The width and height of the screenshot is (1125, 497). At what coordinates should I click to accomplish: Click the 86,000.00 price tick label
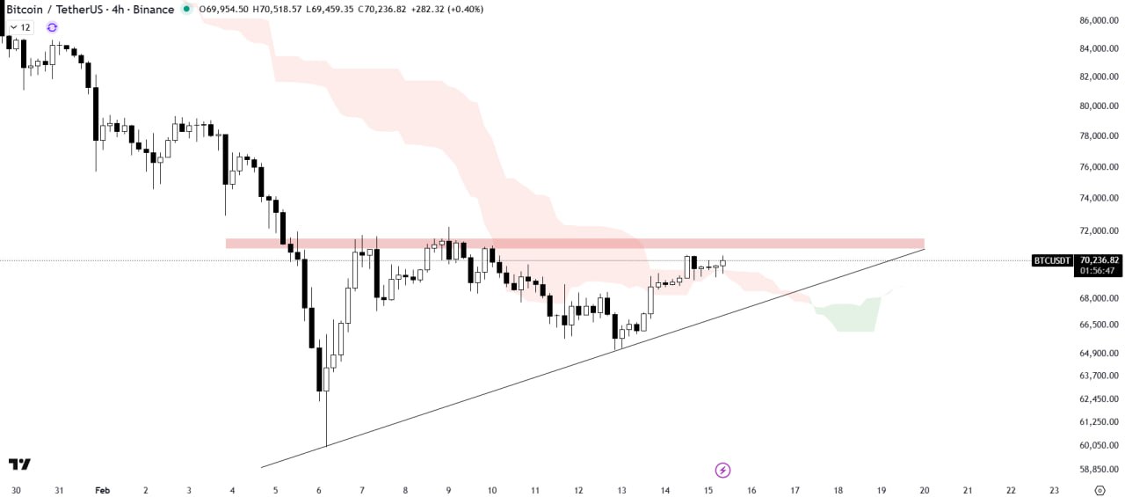[x=1099, y=20]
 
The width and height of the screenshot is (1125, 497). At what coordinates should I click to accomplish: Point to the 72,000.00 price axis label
[x=1099, y=230]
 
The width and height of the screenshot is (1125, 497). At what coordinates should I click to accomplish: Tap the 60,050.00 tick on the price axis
[x=1099, y=445]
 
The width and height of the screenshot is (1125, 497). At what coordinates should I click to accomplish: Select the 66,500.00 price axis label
[x=1099, y=325]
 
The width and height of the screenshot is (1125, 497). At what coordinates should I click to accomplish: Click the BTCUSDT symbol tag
[x=1052, y=260]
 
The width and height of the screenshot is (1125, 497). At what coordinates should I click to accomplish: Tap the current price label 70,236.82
[x=1100, y=260]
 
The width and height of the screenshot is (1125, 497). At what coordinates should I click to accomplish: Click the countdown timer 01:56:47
[x=1098, y=271]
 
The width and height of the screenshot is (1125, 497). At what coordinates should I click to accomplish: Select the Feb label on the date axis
[x=102, y=490]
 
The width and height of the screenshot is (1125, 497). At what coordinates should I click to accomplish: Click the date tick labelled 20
[x=924, y=490]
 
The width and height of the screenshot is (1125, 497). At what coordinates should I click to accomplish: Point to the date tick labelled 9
[x=448, y=490]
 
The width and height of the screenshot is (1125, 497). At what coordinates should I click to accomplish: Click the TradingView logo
[x=20, y=464]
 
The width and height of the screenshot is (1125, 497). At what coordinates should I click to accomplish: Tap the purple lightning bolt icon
[x=722, y=470]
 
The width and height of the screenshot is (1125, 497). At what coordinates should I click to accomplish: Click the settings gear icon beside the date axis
[x=1100, y=490]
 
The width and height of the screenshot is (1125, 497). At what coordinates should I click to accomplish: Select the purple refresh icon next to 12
[x=52, y=27]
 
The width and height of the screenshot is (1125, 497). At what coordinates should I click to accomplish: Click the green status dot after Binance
[x=185, y=9]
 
